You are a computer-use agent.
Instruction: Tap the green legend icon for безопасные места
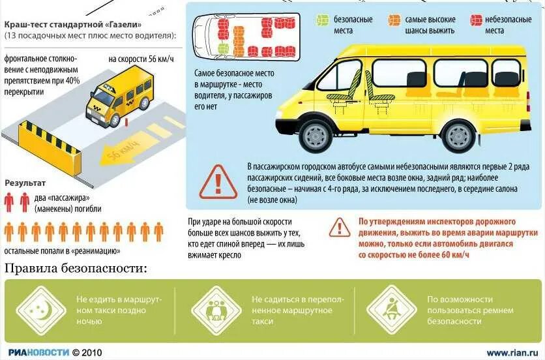[x=321, y=20]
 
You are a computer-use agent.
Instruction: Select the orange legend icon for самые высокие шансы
[x=393, y=20]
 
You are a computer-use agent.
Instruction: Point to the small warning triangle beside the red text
[x=339, y=227]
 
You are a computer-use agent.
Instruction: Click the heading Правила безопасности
[x=76, y=268]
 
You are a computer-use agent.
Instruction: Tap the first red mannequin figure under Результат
[x=8, y=202]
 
